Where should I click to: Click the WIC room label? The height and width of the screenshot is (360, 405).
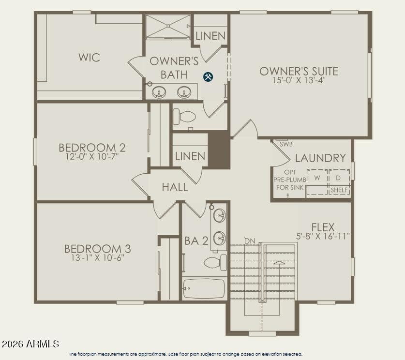click(89, 57)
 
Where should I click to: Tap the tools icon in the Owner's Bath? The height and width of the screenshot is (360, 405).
click(208, 77)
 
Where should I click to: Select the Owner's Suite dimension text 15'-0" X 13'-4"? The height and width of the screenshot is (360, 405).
click(299, 80)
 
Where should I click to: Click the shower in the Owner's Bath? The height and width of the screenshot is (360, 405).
click(168, 27)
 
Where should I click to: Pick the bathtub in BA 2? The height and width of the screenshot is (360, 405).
click(204, 288)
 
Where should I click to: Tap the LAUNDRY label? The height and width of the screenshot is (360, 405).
click(320, 158)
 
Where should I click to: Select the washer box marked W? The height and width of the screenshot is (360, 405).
click(317, 178)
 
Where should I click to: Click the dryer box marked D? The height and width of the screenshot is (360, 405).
click(339, 178)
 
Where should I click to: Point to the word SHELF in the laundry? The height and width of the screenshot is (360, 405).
click(339, 190)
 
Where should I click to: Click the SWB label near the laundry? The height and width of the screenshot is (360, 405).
click(286, 144)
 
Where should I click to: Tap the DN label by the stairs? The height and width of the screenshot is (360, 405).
click(250, 241)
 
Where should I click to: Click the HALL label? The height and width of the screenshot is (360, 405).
click(175, 187)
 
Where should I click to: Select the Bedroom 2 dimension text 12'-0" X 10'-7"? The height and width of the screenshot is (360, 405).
click(92, 156)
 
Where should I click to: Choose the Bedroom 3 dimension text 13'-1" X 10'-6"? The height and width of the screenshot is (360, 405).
click(98, 257)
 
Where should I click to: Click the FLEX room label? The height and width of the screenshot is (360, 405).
click(323, 227)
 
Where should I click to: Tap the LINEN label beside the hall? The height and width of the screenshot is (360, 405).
click(190, 156)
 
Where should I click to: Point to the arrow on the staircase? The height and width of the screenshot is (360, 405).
click(278, 263)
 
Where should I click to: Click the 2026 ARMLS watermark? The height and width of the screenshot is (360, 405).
click(30, 344)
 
